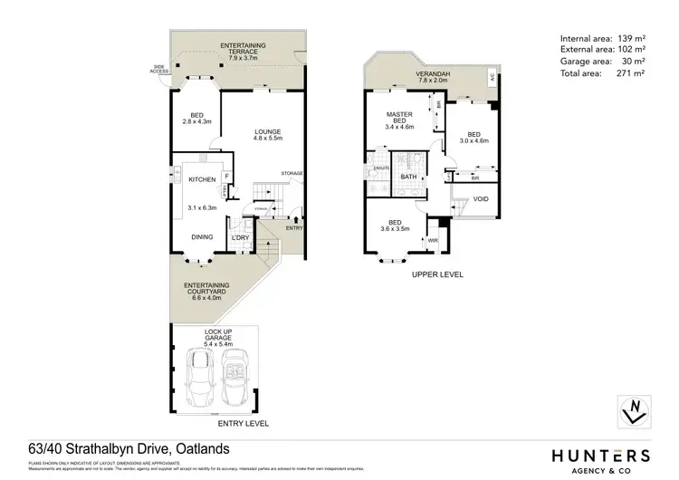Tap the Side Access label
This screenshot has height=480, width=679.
click(161, 69)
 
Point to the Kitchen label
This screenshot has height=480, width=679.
click(201, 180)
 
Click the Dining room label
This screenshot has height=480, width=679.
click(202, 237)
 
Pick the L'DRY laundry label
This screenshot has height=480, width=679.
click(240, 237)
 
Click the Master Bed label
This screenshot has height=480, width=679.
click(399, 120)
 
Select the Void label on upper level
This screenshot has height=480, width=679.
click(481, 198)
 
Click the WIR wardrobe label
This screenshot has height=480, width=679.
click(432, 241)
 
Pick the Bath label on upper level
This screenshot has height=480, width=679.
click(408, 177)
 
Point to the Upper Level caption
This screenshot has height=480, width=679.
click(437, 274)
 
